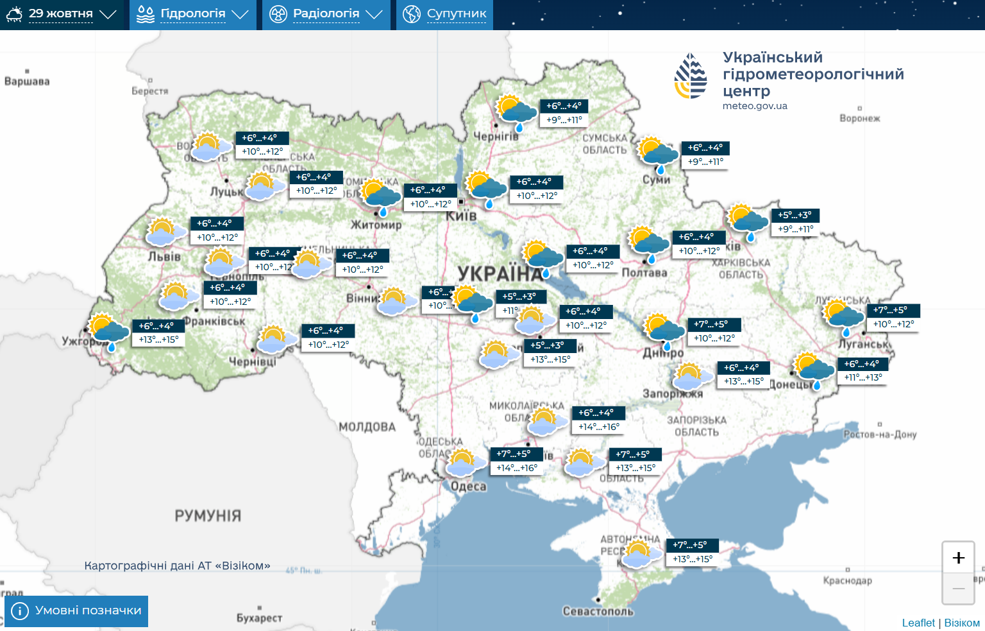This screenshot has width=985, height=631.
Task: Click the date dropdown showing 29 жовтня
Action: pyautogui.click(x=61, y=14)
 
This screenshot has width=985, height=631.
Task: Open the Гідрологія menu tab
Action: pyautogui.click(x=193, y=14)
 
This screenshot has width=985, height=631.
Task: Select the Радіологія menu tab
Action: pyautogui.click(x=326, y=14)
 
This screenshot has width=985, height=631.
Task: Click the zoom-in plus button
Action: pyautogui.click(x=958, y=558)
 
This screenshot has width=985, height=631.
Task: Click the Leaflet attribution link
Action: pyautogui.click(x=918, y=623)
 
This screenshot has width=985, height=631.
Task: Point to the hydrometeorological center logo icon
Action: pyautogui.click(x=691, y=76)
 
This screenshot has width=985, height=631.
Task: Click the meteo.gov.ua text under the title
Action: pyautogui.click(x=755, y=106)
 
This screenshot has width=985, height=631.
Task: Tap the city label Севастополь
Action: pyautogui.click(x=598, y=611)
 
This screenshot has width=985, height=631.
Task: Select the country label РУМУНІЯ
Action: pyautogui.click(x=208, y=516)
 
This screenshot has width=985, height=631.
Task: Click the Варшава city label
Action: pyautogui.click(x=27, y=82)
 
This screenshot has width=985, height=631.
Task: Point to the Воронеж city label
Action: pyautogui.click(x=859, y=118)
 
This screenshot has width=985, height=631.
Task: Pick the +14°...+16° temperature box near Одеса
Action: pyautogui.click(x=517, y=468)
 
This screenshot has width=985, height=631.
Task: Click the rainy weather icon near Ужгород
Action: pyautogui.click(x=109, y=331)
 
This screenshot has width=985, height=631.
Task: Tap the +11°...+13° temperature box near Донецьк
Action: pyautogui.click(x=863, y=377)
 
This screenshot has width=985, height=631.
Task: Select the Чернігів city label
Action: pyautogui.click(x=495, y=136)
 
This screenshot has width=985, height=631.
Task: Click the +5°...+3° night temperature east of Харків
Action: pyautogui.click(x=795, y=215)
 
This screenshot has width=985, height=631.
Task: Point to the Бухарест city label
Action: pyautogui.click(x=259, y=618)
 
